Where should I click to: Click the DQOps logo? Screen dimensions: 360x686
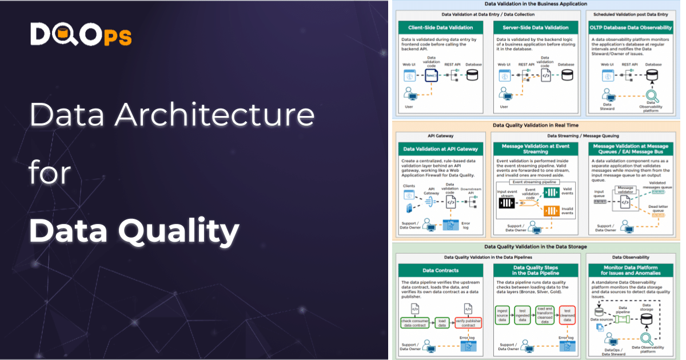(x=81, y=35)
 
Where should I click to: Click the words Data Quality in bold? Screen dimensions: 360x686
(x=134, y=231)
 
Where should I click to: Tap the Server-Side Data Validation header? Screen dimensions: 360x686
(x=536, y=27)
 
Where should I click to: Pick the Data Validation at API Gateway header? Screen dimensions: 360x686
(x=440, y=149)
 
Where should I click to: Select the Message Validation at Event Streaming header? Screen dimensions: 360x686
(x=536, y=149)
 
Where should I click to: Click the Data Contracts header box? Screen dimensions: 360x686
(x=440, y=270)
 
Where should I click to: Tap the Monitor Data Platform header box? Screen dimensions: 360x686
(x=631, y=270)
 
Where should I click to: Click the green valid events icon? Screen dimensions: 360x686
(x=550, y=193)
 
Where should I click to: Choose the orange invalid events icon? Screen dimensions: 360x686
(x=550, y=211)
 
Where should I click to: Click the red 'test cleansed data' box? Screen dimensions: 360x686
(x=567, y=314)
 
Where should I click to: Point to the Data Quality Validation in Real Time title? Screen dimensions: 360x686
(x=536, y=124)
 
